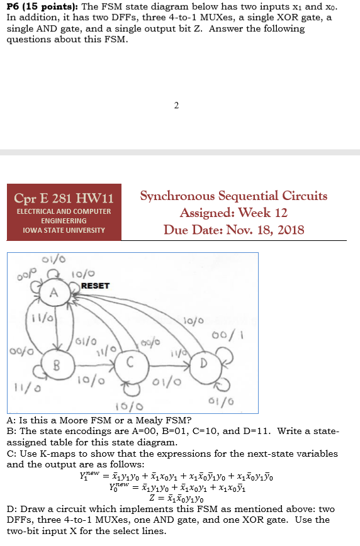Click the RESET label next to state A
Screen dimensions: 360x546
(95, 286)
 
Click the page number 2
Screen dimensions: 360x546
(176, 105)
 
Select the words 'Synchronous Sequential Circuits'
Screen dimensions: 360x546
(233, 196)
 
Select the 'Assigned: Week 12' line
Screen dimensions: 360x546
(233, 213)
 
